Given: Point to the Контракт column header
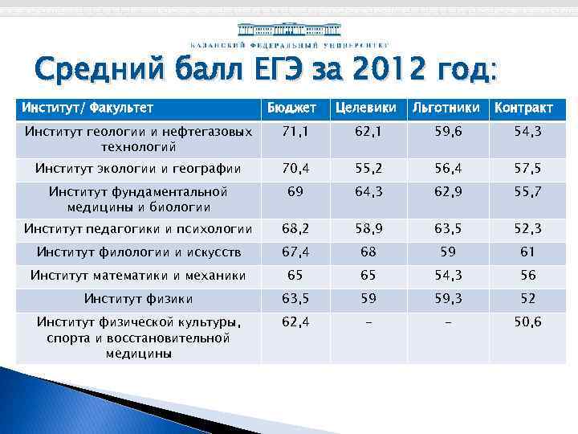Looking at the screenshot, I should coord(523,108).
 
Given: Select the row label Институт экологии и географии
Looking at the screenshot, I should coord(138,168).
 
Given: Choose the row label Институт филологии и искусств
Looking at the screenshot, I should coord(138,252).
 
